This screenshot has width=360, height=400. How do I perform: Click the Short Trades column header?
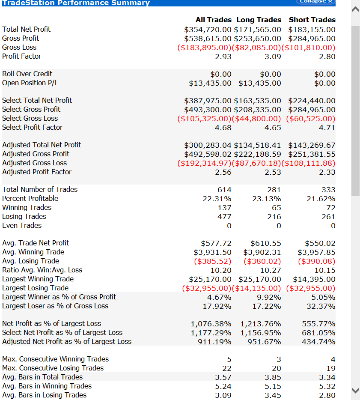pyautogui.click(x=312, y=20)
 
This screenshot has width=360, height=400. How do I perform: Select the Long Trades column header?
pyautogui.click(x=258, y=20)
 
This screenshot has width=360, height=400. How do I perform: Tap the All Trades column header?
pyautogui.click(x=213, y=20)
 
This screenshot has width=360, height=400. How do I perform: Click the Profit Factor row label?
pyautogui.click(x=22, y=56)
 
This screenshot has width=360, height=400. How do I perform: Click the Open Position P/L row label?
pyautogui.click(x=30, y=83)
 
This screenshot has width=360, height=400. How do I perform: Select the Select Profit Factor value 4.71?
pyautogui.click(x=327, y=128)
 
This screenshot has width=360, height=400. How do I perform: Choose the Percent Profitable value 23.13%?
pyautogui.click(x=267, y=199)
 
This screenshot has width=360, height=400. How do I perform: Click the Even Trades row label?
pyautogui.click(x=22, y=225)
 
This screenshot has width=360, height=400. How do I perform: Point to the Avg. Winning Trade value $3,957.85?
pyautogui.click(x=316, y=252)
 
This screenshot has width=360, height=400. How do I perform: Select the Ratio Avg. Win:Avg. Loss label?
pyautogui.click(x=42, y=270)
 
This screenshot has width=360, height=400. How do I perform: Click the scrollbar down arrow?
pyautogui.click(x=355, y=390)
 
